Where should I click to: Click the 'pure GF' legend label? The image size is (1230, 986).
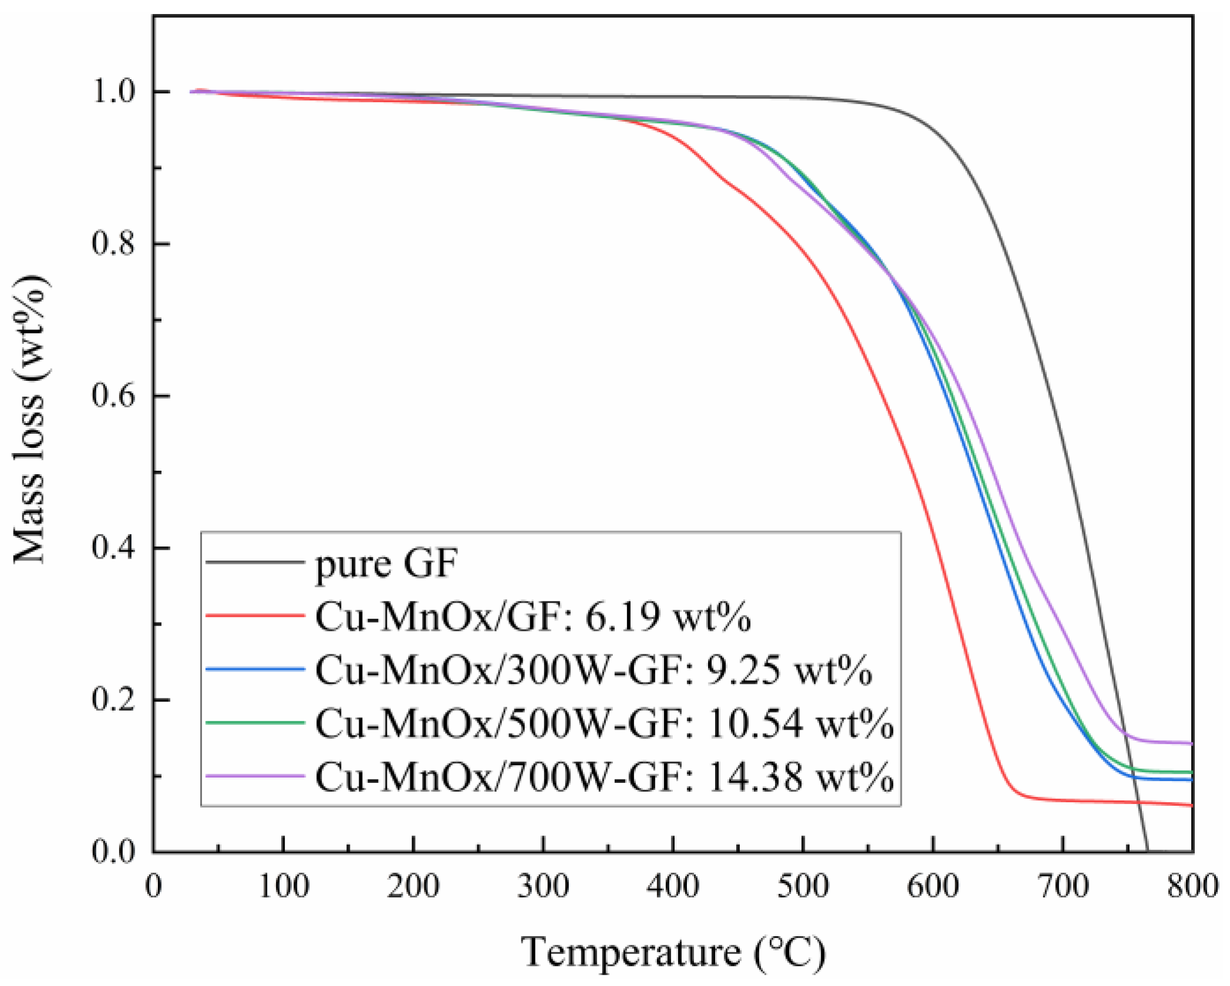pos(386,564)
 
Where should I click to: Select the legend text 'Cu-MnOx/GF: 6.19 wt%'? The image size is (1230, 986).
pos(533,617)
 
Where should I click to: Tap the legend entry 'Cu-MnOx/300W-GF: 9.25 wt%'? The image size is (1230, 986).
pos(593,670)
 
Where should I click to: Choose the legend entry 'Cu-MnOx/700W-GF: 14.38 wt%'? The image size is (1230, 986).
pos(604,776)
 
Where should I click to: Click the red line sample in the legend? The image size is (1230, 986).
pos(255,616)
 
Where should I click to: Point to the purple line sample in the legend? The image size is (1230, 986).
pos(255,776)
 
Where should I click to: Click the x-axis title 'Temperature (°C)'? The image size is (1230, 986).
pos(673,952)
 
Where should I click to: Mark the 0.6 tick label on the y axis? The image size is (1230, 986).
pos(114,396)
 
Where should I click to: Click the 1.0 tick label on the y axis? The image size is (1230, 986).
pos(114,92)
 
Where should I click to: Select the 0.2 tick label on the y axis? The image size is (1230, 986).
pos(114,700)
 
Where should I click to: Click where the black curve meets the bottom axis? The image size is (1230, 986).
pos(1147,850)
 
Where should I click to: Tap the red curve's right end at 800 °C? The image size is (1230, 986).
pos(1191,805)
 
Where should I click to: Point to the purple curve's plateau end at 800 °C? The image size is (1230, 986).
pos(1191,744)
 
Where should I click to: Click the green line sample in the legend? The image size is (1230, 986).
pos(255,722)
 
